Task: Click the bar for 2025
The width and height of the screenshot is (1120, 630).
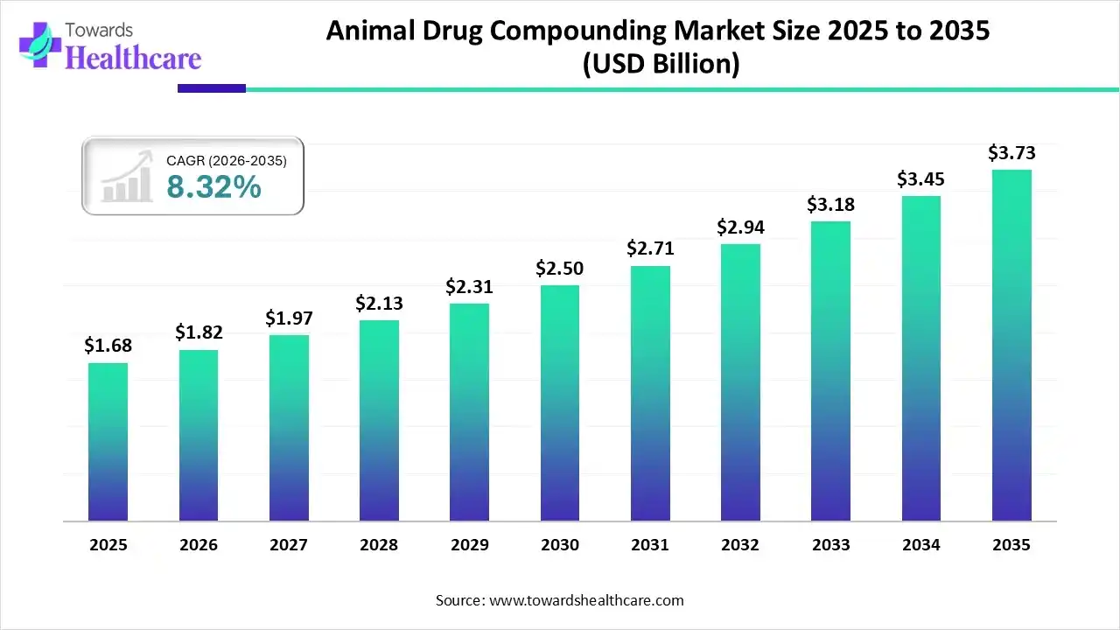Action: tap(108, 442)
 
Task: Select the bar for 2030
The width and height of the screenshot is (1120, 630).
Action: tap(559, 402)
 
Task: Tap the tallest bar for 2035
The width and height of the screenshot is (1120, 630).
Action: tap(1011, 346)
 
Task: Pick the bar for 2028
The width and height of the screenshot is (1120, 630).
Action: tap(379, 420)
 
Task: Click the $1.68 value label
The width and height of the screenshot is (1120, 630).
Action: tap(108, 346)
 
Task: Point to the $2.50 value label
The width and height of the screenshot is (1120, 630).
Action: tap(559, 268)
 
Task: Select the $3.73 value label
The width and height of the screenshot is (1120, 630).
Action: tap(1011, 153)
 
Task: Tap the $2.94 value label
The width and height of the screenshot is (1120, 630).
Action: tap(740, 227)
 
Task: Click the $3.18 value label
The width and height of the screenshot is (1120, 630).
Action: tap(830, 205)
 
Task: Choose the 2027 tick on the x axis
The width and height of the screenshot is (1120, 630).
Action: tap(289, 545)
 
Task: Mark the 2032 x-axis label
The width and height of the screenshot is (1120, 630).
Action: tap(740, 545)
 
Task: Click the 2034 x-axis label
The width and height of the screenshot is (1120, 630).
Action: tap(921, 545)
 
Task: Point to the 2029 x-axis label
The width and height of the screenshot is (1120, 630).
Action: tap(469, 545)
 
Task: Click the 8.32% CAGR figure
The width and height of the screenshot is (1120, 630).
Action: tap(213, 186)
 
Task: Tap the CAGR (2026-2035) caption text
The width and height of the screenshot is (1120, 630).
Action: tap(226, 160)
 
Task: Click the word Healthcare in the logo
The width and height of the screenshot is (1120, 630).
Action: tap(133, 58)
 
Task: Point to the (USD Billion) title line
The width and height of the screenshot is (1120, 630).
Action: tap(661, 64)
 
